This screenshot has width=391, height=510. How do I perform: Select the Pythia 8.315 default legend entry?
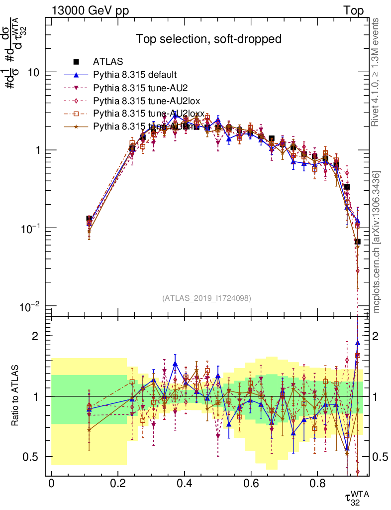(x=135, y=75)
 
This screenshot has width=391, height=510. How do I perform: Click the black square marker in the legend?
(x=77, y=62)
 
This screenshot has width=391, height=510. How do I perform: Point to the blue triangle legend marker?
(x=77, y=75)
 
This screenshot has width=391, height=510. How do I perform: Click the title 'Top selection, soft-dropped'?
(x=209, y=39)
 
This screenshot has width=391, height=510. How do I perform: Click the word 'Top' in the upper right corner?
(x=353, y=10)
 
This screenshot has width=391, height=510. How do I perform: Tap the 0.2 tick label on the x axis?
(x=118, y=483)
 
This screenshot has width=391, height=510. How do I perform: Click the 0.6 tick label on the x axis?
(x=251, y=483)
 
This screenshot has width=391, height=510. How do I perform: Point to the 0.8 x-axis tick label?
(x=318, y=483)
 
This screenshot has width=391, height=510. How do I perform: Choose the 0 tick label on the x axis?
(x=51, y=483)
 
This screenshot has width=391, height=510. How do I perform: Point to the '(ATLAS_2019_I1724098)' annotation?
(x=206, y=298)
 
